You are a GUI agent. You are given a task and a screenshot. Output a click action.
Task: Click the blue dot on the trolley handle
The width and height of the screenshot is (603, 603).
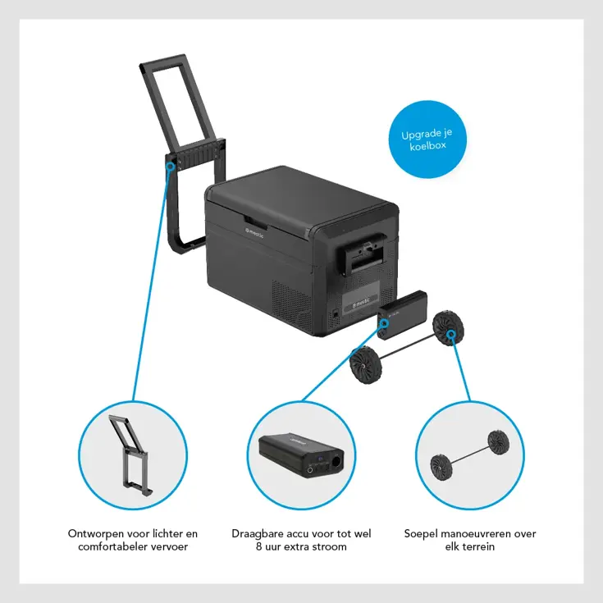click(170, 164)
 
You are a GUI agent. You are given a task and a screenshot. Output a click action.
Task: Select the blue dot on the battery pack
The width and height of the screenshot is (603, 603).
click(384, 323)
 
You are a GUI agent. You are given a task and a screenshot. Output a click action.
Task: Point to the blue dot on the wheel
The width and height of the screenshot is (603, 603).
click(452, 334)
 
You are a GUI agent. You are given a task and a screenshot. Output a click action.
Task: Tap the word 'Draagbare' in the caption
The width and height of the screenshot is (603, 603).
click(259, 533)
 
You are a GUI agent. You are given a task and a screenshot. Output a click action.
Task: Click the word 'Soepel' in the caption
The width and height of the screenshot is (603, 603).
click(420, 533)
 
